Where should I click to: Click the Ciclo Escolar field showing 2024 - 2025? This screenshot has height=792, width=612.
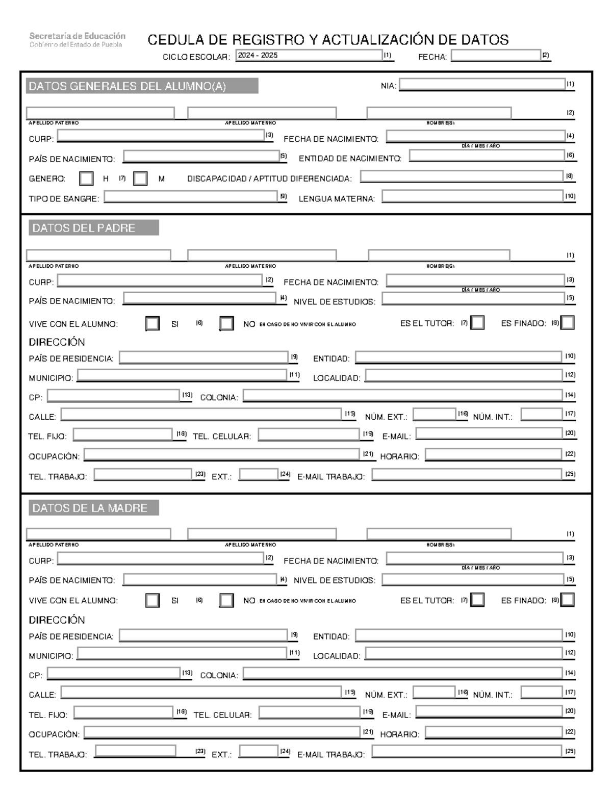(309, 56)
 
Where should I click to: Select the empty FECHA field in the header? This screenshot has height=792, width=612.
(495, 56)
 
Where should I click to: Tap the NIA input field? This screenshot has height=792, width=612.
(482, 85)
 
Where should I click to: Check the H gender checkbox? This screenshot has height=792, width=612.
(87, 178)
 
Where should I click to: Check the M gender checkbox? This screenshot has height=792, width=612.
(140, 178)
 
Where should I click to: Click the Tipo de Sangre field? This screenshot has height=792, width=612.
(191, 197)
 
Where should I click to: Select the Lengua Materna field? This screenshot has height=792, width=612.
(472, 197)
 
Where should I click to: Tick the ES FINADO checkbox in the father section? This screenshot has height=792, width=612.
(567, 323)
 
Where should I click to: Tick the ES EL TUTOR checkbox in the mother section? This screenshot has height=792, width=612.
(477, 600)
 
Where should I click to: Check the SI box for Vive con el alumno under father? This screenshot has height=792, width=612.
(152, 324)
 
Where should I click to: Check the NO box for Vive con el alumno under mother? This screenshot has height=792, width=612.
(226, 600)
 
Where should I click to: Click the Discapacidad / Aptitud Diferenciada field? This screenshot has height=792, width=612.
(462, 177)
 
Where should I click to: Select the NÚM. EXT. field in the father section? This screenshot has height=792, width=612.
(435, 415)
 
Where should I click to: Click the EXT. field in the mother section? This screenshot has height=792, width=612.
(259, 752)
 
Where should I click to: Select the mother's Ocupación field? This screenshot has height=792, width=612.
(222, 733)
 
